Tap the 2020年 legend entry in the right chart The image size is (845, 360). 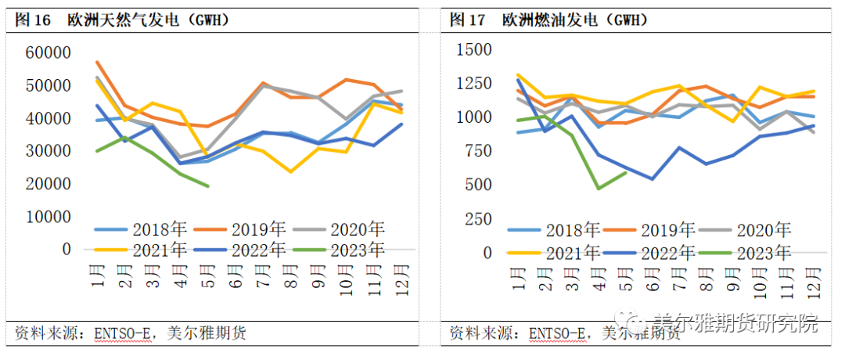tap(756, 230)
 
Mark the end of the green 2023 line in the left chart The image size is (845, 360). tap(208, 186)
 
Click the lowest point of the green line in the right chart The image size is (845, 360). tap(599, 189)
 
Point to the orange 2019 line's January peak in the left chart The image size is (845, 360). tap(97, 62)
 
